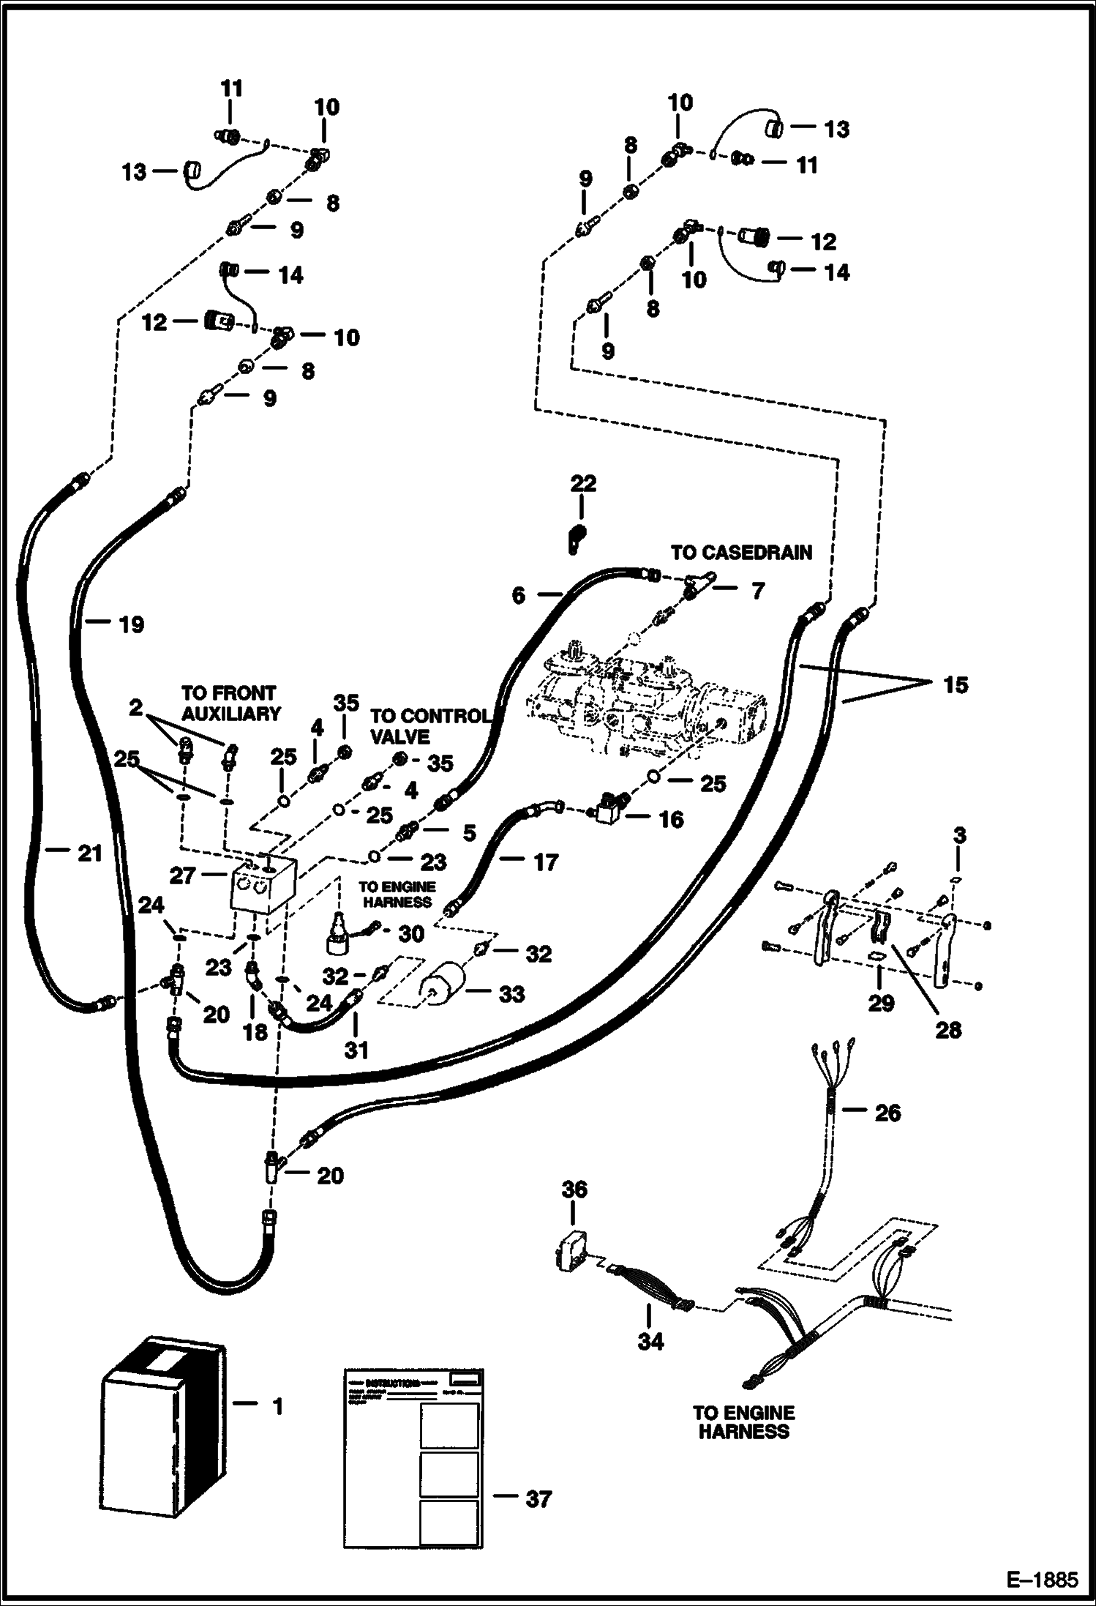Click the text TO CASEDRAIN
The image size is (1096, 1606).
(x=741, y=553)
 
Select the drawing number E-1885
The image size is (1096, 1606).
(x=1042, y=1580)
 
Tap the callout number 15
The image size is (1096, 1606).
(x=956, y=686)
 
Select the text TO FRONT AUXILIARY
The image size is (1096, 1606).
(x=230, y=703)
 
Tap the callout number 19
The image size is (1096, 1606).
(x=132, y=624)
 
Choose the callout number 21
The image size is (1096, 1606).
(x=89, y=853)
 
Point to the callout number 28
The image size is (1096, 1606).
(x=948, y=1030)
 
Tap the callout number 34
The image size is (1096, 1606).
(x=650, y=1341)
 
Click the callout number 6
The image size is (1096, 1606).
(x=518, y=595)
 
